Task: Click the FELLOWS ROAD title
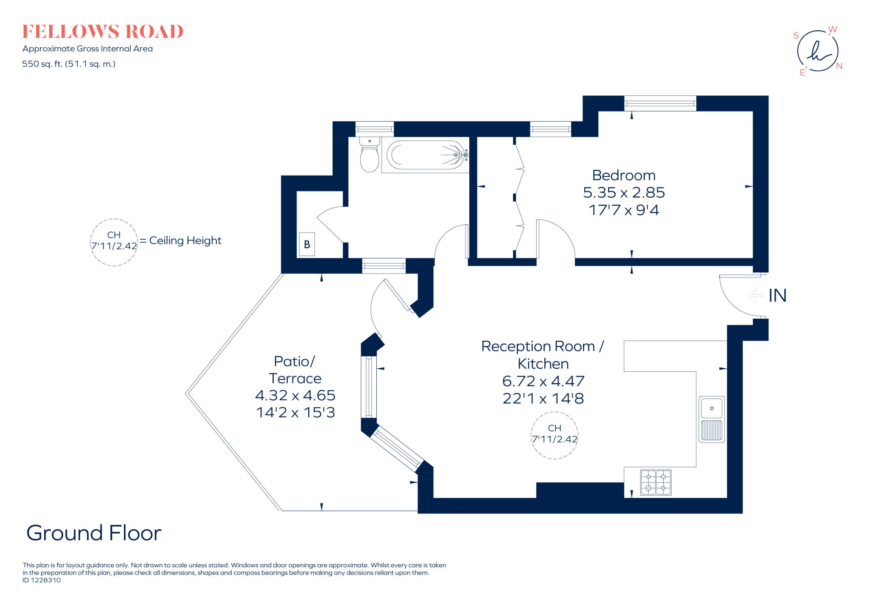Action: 103,32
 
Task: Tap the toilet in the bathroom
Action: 369,155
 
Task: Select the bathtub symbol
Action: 425,155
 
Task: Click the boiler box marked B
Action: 307,244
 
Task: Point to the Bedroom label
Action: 623,175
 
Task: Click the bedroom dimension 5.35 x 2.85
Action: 623,193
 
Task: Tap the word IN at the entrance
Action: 777,296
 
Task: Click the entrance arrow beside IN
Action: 756,295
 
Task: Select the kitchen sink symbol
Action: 712,419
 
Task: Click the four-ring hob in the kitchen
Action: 656,482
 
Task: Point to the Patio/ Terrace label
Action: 295,370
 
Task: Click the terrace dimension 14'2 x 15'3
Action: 295,412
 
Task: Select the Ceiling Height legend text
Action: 185,241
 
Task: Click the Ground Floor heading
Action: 94,533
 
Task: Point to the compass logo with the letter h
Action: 818,51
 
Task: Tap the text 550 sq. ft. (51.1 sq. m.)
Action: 69,64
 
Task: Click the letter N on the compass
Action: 839,66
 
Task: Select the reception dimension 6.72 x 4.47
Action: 543,381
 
